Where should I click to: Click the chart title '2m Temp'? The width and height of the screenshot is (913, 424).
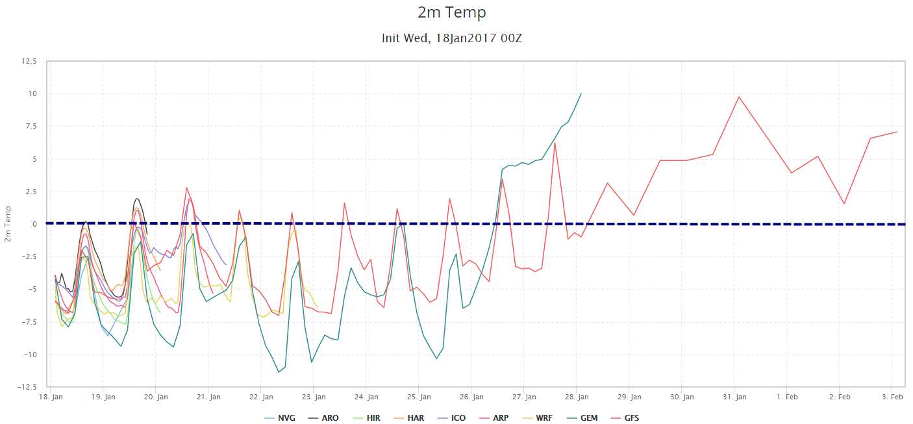(x=451, y=12)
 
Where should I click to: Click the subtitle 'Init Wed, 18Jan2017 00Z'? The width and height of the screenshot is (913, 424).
(x=451, y=38)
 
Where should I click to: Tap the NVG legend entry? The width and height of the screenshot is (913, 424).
(x=280, y=418)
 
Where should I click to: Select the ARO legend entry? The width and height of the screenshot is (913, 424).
(x=323, y=418)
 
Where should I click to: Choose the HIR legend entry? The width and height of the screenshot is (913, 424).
(x=367, y=418)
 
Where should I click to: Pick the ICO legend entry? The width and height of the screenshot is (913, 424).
(x=452, y=418)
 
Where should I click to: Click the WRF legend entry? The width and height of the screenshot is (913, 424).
(x=538, y=418)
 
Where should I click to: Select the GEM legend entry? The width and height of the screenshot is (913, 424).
(x=582, y=418)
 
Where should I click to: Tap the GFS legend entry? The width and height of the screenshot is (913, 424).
(x=625, y=418)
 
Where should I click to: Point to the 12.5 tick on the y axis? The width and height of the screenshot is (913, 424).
(x=29, y=61)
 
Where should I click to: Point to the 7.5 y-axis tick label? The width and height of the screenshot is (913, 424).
(x=32, y=127)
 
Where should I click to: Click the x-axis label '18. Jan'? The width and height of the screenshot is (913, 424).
(x=51, y=397)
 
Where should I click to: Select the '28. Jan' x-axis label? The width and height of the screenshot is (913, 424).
(x=577, y=397)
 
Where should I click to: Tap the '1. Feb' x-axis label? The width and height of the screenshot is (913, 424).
(x=787, y=397)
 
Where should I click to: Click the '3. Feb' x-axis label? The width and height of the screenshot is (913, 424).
(x=892, y=397)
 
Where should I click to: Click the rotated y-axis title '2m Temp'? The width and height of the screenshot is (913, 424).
(x=8, y=224)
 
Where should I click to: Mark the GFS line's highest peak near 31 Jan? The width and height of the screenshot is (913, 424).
(x=738, y=97)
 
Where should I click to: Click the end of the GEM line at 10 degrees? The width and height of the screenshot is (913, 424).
(x=581, y=94)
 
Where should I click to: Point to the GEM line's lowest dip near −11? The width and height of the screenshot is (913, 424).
(x=279, y=372)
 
